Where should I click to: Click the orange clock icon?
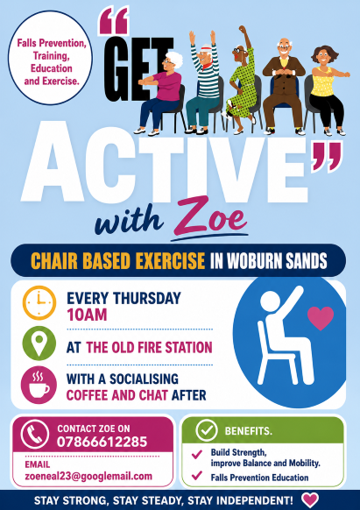click(39, 302)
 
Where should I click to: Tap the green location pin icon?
click(39, 343)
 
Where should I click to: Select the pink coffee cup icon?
click(39, 385)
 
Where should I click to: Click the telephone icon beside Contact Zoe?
click(35, 434)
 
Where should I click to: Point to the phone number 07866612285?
click(102, 442)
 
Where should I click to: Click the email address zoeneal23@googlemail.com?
click(88, 476)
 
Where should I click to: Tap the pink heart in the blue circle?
click(321, 318)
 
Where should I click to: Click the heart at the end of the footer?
click(310, 500)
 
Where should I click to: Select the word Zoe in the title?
click(210, 216)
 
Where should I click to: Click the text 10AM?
click(87, 315)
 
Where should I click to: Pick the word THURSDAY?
click(146, 298)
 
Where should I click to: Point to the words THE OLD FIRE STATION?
click(149, 347)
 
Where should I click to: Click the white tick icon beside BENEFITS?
click(207, 430)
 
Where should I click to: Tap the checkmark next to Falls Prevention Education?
click(197, 476)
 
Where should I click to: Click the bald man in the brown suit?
click(284, 86)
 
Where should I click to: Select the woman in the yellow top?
click(326, 90)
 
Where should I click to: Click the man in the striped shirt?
click(202, 82)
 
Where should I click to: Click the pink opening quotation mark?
click(114, 21)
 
